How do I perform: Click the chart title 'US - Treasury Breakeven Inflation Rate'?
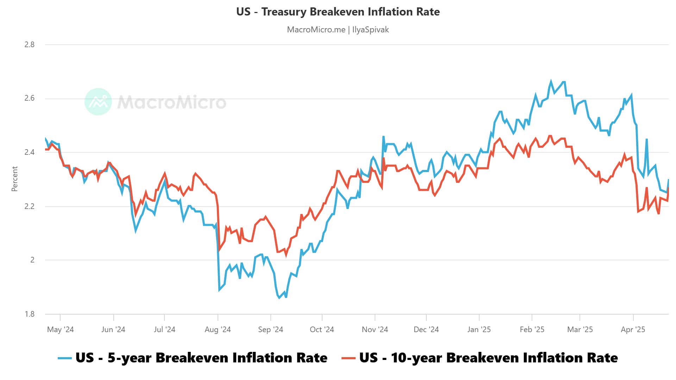[338, 12]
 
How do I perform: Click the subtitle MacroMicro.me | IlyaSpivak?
[338, 30]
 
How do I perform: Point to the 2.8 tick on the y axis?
[30, 44]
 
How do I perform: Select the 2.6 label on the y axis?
[30, 98]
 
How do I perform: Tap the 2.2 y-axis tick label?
[30, 206]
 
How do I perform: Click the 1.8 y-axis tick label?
[30, 314]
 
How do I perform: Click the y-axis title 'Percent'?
[14, 179]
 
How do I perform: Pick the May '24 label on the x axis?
[60, 330]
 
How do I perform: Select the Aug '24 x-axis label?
[218, 330]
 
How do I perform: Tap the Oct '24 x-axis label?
[322, 330]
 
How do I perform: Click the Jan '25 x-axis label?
[479, 330]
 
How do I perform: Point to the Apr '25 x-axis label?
[633, 330]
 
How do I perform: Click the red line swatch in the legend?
[349, 358]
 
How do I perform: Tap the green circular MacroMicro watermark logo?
[98, 102]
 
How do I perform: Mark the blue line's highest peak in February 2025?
[551, 81]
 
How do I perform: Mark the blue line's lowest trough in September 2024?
[279, 298]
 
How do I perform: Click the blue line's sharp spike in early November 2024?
[383, 137]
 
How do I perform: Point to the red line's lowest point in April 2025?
[658, 214]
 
